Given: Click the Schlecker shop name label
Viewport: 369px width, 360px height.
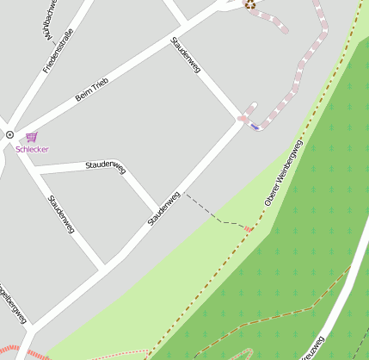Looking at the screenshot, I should [32, 149].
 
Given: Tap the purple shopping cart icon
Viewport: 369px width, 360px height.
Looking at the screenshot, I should [32, 136].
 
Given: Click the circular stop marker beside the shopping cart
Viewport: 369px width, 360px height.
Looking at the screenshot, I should [9, 134].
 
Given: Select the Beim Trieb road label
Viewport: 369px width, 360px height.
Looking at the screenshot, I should [92, 89].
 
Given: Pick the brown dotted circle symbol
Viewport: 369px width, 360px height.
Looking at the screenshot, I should [250, 4].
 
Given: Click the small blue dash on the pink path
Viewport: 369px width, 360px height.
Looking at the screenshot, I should [255, 127].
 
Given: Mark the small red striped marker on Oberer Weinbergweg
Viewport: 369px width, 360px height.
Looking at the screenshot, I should [249, 228].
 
